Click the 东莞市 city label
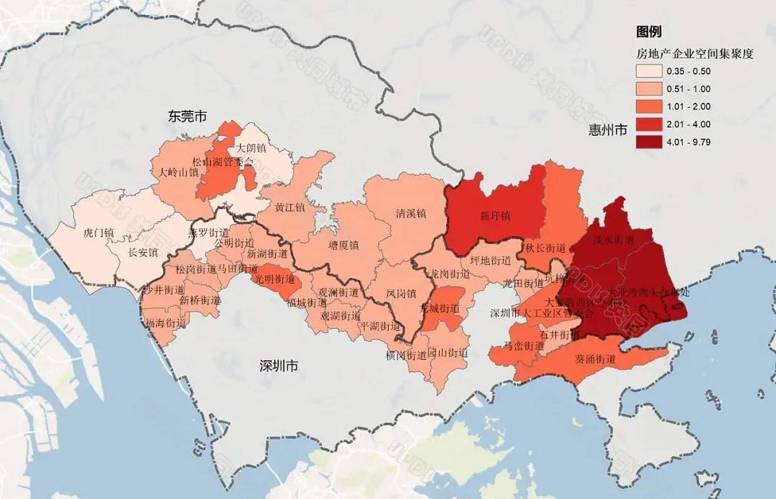[x=187, y=117]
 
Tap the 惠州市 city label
[x=607, y=130]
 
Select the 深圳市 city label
[x=279, y=366]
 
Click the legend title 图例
[x=649, y=32]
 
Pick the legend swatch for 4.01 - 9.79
[x=649, y=142]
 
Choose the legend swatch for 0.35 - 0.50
[x=649, y=71]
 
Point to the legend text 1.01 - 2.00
[x=689, y=106]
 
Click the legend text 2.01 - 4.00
[x=689, y=124]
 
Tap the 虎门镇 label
[x=99, y=233]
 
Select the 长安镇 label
[x=143, y=252]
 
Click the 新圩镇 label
[x=495, y=216]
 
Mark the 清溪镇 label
[x=411, y=213]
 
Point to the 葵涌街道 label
[x=595, y=358]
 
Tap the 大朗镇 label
[x=252, y=149]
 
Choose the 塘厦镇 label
[x=344, y=245]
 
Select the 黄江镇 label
[x=290, y=207]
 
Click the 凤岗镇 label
[x=401, y=293]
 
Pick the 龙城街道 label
[x=439, y=309]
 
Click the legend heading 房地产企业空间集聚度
[x=694, y=54]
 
